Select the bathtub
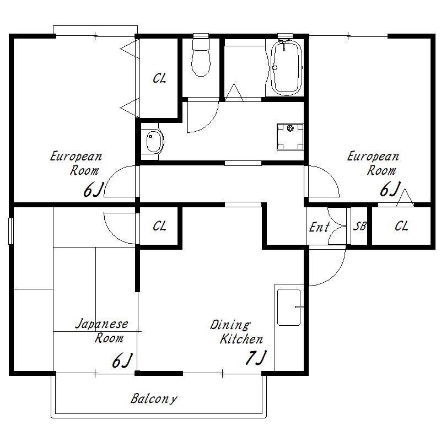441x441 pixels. click(286, 67)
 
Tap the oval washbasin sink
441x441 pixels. click(154, 142)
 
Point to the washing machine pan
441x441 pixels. click(290, 137)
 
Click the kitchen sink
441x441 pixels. click(289, 307)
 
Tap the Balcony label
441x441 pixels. click(154, 399)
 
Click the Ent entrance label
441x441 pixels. click(319, 227)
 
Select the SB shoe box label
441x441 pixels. click(359, 226)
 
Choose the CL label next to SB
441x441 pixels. click(401, 226)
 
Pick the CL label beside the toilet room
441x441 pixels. click(159, 78)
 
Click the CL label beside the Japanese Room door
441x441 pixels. click(159, 226)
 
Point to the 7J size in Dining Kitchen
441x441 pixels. click(256, 357)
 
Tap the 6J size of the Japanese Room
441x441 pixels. click(122, 361)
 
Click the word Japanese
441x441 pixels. click(102, 324)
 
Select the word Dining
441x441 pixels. click(230, 325)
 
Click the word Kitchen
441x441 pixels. click(241, 339)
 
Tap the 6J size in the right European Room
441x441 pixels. click(390, 189)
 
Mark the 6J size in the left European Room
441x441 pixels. click(93, 190)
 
